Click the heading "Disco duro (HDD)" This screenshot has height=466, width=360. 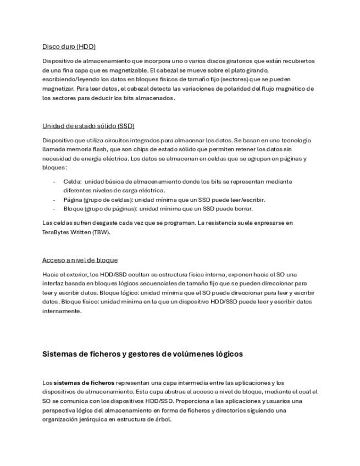tap(69, 47)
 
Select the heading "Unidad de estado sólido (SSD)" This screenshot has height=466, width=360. tap(88, 126)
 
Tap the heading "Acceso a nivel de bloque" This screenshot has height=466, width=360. tap(80, 260)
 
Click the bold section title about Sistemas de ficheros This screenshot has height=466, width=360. tap(142, 354)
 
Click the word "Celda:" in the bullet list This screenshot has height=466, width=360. tap(73, 181)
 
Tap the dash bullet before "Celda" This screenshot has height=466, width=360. tap(54, 181)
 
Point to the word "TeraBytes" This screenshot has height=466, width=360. tap(57, 232)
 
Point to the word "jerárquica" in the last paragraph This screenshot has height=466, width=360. tap(92, 419)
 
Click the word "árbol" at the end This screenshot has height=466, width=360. tap(163, 419)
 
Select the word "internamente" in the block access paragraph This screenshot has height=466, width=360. tap(62, 311)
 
